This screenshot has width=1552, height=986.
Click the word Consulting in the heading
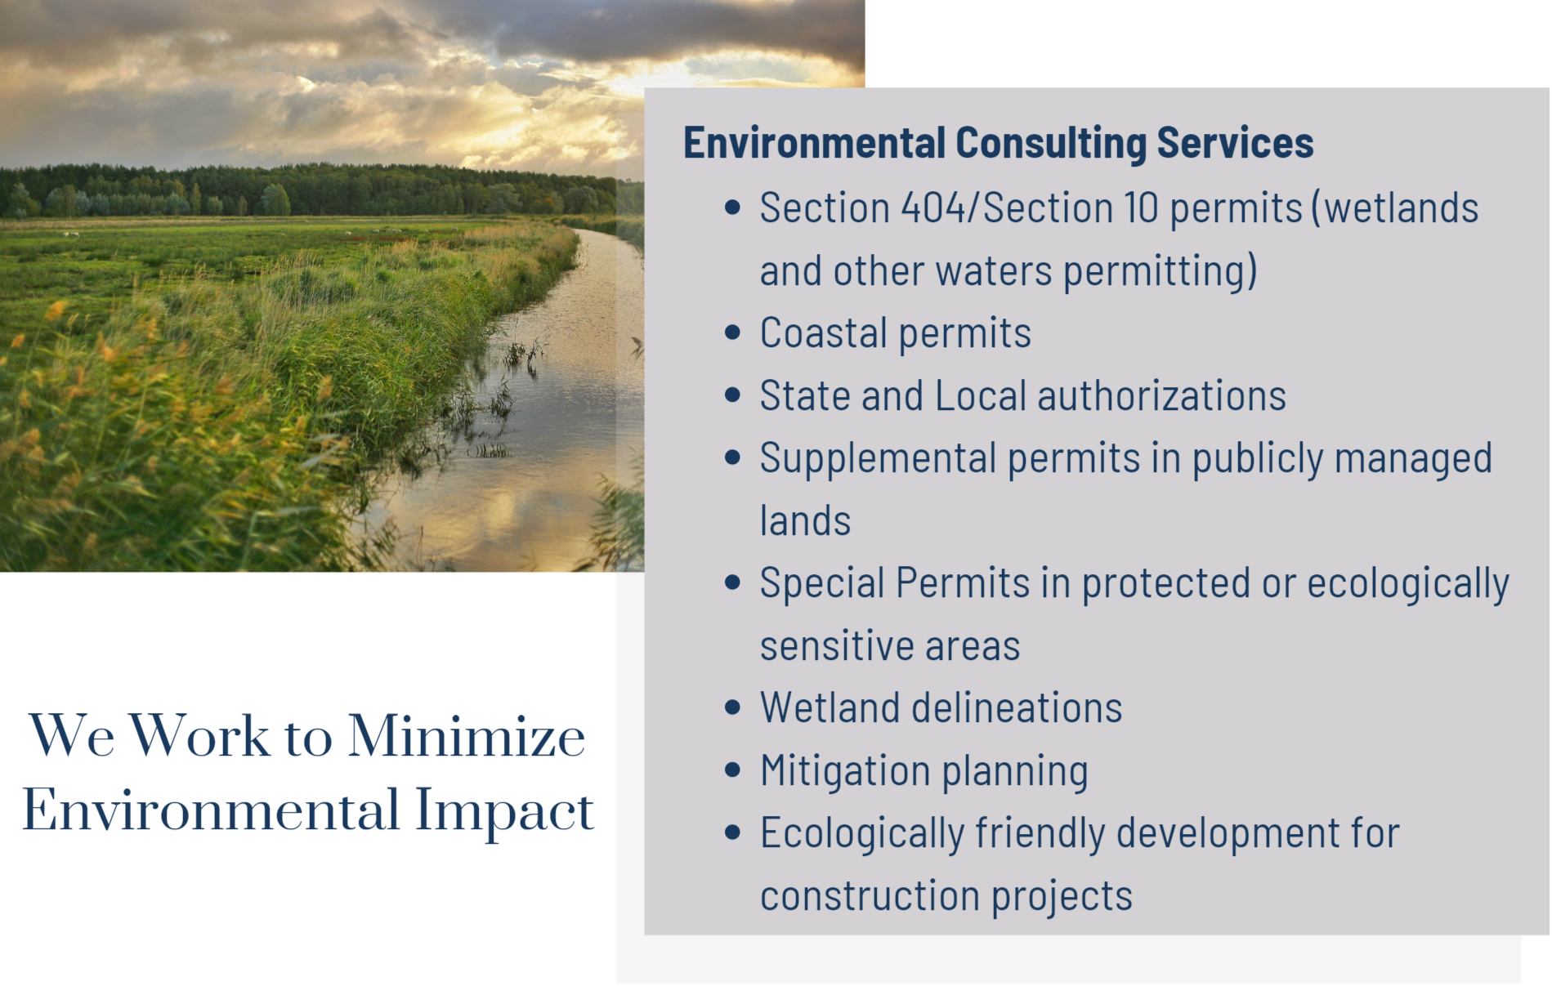[x=1051, y=144]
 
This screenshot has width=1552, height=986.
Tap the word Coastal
[x=824, y=333]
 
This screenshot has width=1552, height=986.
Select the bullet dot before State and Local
[x=732, y=395]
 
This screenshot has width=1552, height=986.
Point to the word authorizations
[x=1161, y=396]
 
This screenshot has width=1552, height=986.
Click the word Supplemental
[x=878, y=459]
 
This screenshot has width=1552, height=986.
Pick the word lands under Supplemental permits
[x=805, y=521]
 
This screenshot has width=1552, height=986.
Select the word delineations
[x=1017, y=708]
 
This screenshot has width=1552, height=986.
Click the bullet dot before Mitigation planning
[x=732, y=770]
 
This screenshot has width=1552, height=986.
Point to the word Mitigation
[x=845, y=771]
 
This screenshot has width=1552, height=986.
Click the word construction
[x=870, y=897]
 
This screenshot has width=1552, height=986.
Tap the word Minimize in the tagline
[x=467, y=736]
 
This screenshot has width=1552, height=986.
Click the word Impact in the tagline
[x=504, y=811]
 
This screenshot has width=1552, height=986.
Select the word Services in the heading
[x=1235, y=144]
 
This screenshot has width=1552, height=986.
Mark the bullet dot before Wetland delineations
[x=732, y=707]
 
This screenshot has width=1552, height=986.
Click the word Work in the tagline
[x=199, y=736]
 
